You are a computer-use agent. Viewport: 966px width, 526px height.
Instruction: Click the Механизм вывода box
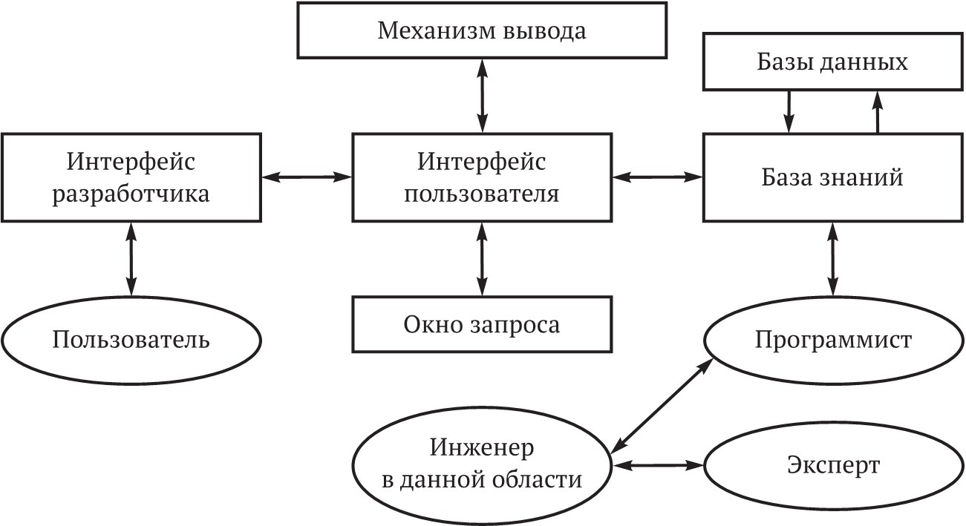pyautogui.click(x=482, y=30)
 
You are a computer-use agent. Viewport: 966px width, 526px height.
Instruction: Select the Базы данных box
pyautogui.click(x=832, y=62)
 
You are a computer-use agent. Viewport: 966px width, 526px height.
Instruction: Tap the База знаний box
pyautogui.click(x=832, y=177)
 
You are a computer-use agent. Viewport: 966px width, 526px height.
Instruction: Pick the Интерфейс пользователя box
pyautogui.click(x=482, y=177)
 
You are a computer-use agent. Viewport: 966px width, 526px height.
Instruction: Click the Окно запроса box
pyautogui.click(x=482, y=325)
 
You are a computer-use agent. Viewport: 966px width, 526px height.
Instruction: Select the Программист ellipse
pyautogui.click(x=833, y=341)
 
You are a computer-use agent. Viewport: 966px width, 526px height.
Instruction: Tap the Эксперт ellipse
pyautogui.click(x=833, y=466)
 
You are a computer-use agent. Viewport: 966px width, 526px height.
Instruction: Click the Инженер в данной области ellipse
pyautogui.click(x=482, y=464)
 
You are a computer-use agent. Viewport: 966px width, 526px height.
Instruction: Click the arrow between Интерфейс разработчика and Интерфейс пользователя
pyautogui.click(x=307, y=177)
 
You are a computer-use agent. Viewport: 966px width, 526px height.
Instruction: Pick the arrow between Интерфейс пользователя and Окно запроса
pyautogui.click(x=483, y=259)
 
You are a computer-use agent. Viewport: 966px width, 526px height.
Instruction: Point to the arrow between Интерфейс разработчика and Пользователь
pyautogui.click(x=131, y=258)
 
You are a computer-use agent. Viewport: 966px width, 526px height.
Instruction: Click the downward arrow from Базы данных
pyautogui.click(x=789, y=112)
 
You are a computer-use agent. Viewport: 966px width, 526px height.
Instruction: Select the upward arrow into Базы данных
pyautogui.click(x=878, y=112)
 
